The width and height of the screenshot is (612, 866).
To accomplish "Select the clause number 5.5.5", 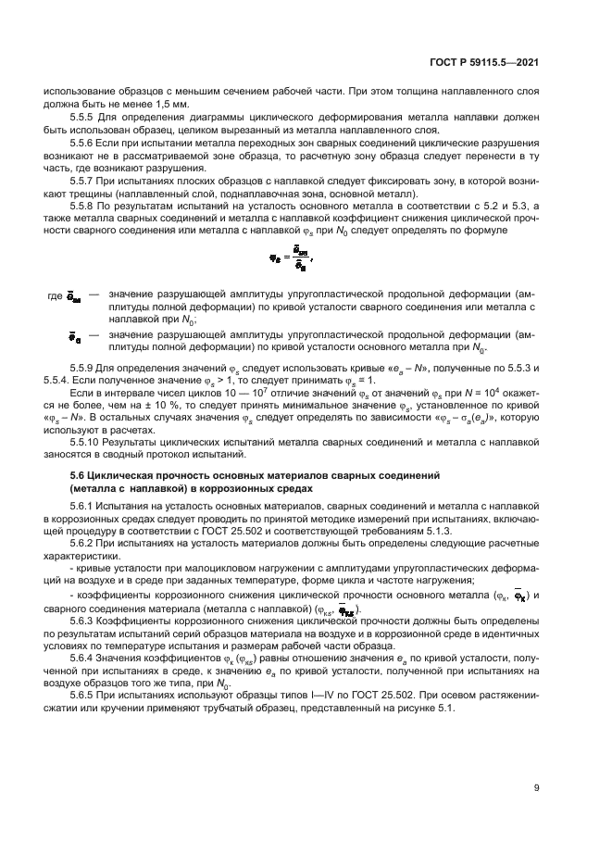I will [x=84, y=119].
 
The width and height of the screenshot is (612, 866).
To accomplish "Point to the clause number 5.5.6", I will [x=84, y=145].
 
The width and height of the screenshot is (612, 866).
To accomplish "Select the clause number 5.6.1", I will [x=84, y=505].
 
